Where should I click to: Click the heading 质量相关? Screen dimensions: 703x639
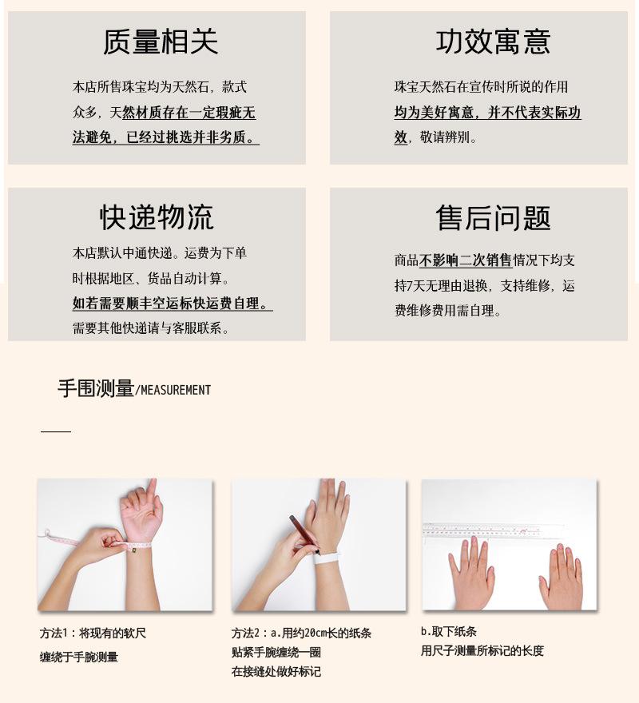click(160, 42)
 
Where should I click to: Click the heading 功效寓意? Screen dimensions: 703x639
click(493, 42)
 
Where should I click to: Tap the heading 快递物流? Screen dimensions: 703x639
click(157, 216)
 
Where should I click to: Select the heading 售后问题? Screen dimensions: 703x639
click(493, 218)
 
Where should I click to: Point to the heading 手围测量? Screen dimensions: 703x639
click(95, 388)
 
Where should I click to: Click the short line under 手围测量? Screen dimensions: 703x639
click(56, 432)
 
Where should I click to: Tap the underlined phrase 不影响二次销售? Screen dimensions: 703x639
click(466, 260)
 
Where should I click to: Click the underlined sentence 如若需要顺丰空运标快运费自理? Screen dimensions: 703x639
click(171, 304)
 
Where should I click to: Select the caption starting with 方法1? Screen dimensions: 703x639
click(93, 633)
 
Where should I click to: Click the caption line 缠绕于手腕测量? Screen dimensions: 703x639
click(79, 657)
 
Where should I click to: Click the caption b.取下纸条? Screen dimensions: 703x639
click(449, 631)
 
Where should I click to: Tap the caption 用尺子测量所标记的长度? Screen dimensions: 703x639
click(482, 651)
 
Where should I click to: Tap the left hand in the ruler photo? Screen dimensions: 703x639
click(471, 571)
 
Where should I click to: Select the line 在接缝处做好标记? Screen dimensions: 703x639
click(276, 672)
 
